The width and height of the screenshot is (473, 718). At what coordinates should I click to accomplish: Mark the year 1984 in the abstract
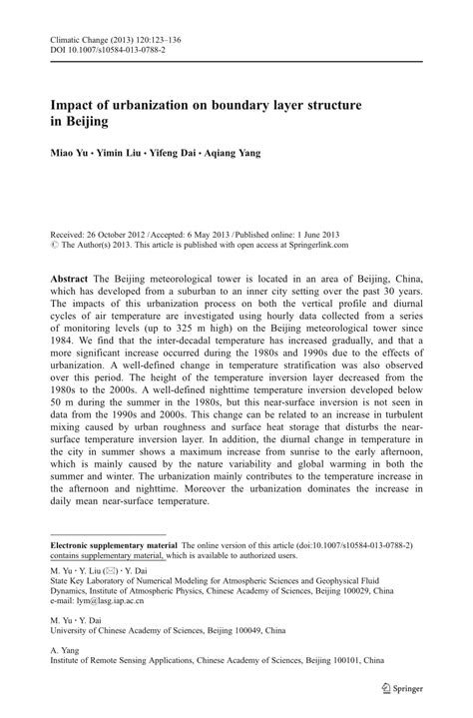point(67,340)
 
